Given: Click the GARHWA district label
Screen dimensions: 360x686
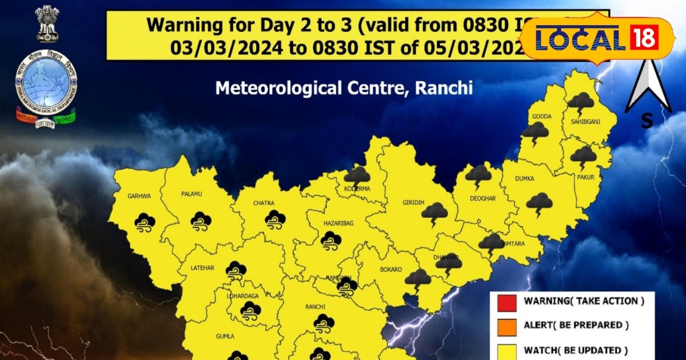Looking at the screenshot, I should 139,196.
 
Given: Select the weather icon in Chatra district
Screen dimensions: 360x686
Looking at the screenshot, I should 276,219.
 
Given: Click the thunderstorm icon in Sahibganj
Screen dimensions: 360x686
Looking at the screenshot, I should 580,103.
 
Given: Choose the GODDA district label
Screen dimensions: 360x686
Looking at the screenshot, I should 542,117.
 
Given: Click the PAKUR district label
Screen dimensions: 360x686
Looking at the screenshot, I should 586,177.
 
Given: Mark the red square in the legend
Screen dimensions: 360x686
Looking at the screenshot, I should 507,301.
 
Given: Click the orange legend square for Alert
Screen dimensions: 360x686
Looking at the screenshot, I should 507,325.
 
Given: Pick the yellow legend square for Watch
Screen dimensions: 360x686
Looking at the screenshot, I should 507,350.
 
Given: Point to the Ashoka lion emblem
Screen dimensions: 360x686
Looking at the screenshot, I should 47,23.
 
